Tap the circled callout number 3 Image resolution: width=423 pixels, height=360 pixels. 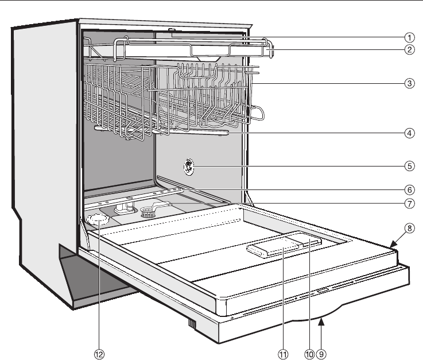tap(409, 84)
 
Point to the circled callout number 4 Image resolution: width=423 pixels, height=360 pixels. tap(409, 133)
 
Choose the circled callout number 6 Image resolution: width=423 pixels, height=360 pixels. tap(409, 188)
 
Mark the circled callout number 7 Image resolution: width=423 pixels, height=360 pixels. tap(409, 203)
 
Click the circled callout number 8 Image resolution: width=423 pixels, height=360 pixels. tap(409, 227)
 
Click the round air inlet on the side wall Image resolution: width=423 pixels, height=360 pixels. tap(188, 168)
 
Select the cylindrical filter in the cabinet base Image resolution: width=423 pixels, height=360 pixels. tap(149, 212)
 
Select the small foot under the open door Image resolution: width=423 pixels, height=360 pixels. tap(192, 326)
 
